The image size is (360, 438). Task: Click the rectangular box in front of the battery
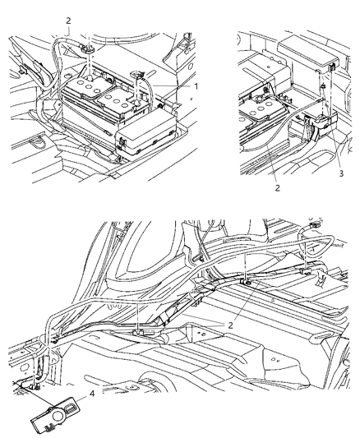point(147,131)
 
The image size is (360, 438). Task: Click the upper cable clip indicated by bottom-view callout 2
point(245,281)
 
